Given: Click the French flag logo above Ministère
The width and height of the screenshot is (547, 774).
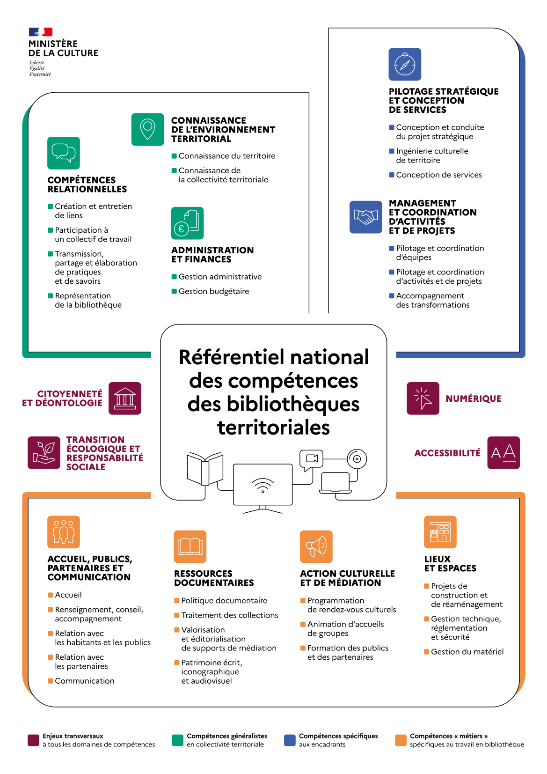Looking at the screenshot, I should (x=40, y=32).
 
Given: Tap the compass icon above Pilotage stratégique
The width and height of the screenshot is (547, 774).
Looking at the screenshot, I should (x=405, y=64).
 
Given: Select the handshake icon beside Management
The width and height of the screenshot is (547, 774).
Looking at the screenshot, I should (x=365, y=217).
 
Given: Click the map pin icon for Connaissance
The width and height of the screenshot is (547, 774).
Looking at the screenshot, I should (x=148, y=129).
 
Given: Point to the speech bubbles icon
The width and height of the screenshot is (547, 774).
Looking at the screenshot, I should (x=64, y=153).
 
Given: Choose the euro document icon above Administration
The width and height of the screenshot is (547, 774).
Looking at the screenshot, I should (x=187, y=223).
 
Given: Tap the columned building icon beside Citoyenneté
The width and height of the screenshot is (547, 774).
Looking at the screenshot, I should (x=125, y=398).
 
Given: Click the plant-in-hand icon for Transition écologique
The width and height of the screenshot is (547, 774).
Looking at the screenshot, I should (x=44, y=453).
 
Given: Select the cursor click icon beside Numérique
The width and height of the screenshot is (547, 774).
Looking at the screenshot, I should (x=423, y=398).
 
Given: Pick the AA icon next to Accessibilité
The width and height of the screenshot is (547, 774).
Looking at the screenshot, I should (x=503, y=453).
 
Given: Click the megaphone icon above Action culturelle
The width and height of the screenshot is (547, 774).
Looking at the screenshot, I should (x=316, y=546).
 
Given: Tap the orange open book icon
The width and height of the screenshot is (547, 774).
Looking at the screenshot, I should (x=190, y=546).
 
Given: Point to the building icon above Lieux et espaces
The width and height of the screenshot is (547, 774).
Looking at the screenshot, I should (x=440, y=532).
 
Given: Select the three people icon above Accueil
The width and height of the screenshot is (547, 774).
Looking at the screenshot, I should (x=64, y=532).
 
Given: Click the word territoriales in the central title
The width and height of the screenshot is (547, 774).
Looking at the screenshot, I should (x=274, y=428).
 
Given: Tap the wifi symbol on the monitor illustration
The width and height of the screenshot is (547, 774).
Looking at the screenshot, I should (x=263, y=485).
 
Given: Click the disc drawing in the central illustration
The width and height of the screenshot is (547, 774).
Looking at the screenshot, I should (x=357, y=459).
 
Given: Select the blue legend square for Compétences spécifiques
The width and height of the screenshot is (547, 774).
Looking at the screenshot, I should (x=290, y=740).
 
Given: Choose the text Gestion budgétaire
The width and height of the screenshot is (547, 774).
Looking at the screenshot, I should (x=214, y=291).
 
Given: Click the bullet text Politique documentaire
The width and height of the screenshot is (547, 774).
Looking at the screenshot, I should (x=224, y=601).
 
